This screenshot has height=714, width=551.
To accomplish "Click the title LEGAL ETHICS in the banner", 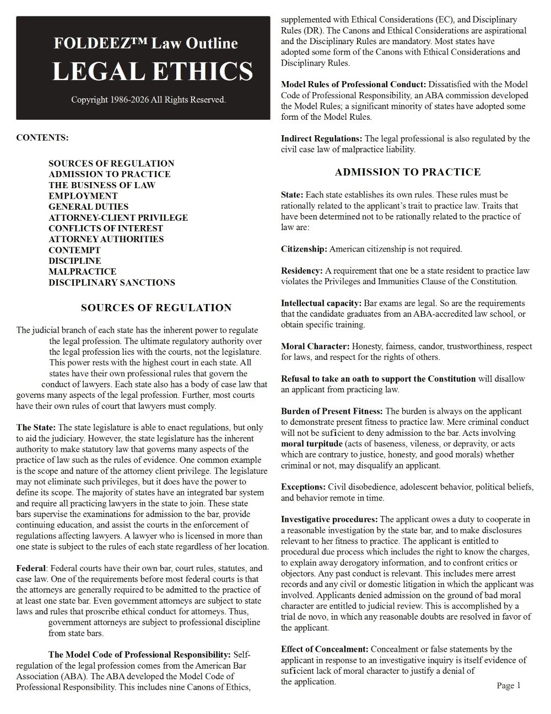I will (x=152, y=71).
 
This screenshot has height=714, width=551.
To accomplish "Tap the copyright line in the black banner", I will (x=148, y=100).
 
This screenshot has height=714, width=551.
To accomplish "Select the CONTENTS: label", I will (x=42, y=137).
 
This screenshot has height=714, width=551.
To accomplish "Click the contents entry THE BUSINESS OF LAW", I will (x=102, y=185).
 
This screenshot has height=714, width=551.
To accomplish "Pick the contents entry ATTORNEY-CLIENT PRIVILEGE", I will (x=118, y=217).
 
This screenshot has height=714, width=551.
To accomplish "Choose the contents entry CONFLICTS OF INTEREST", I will (x=106, y=228).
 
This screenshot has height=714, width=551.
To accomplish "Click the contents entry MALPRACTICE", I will (x=82, y=271).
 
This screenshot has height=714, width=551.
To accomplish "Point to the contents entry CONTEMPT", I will (x=74, y=250).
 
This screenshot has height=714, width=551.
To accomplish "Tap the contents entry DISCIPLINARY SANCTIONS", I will (x=112, y=283).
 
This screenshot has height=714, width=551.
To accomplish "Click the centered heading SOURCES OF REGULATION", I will (x=156, y=308).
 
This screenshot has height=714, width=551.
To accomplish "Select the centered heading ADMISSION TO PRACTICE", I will (x=408, y=172).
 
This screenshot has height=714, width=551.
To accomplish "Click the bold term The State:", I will (x=36, y=428).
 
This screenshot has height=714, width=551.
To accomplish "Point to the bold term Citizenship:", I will (x=304, y=249).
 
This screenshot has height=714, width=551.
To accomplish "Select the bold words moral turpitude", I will (x=312, y=444).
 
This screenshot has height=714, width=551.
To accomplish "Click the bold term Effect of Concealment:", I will (x=325, y=649).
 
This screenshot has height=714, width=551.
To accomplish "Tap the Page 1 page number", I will (x=508, y=685).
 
